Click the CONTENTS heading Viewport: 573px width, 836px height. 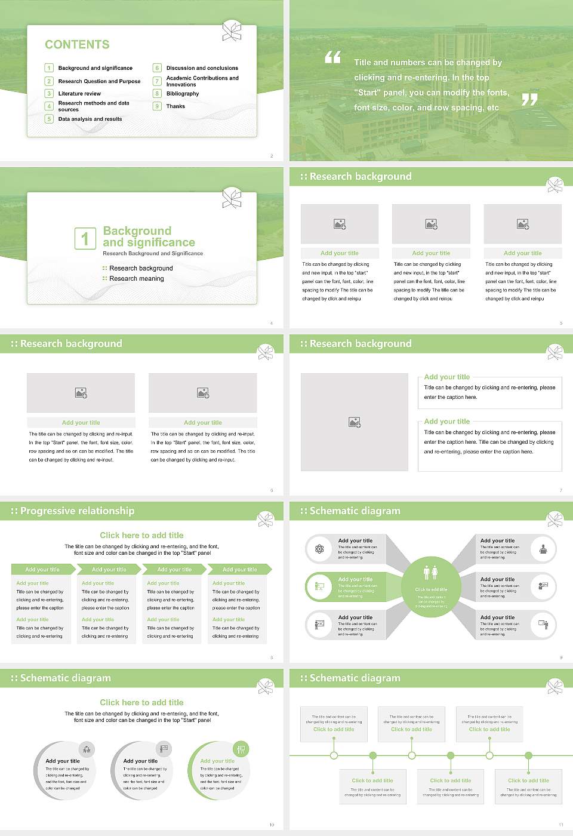(x=77, y=45)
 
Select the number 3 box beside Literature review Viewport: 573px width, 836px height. (x=49, y=94)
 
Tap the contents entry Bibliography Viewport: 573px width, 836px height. (x=183, y=94)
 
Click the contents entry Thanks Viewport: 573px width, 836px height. (x=175, y=106)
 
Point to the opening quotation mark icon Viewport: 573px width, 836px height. (x=332, y=57)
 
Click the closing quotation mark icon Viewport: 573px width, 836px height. (x=529, y=100)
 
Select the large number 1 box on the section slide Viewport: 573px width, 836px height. (x=85, y=238)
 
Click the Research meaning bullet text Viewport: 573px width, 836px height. (x=136, y=279)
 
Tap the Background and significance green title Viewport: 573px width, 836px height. (x=149, y=236)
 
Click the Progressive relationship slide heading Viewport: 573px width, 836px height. (x=77, y=511)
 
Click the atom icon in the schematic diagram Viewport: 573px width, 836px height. (x=319, y=549)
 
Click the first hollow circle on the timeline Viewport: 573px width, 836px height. (x=334, y=755)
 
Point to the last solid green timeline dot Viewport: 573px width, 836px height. (x=528, y=755)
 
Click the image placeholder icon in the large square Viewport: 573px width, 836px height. (x=355, y=422)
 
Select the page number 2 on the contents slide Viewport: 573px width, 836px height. (x=272, y=156)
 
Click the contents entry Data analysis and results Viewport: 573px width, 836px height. (x=90, y=119)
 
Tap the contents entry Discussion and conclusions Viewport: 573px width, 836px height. (x=202, y=68)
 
